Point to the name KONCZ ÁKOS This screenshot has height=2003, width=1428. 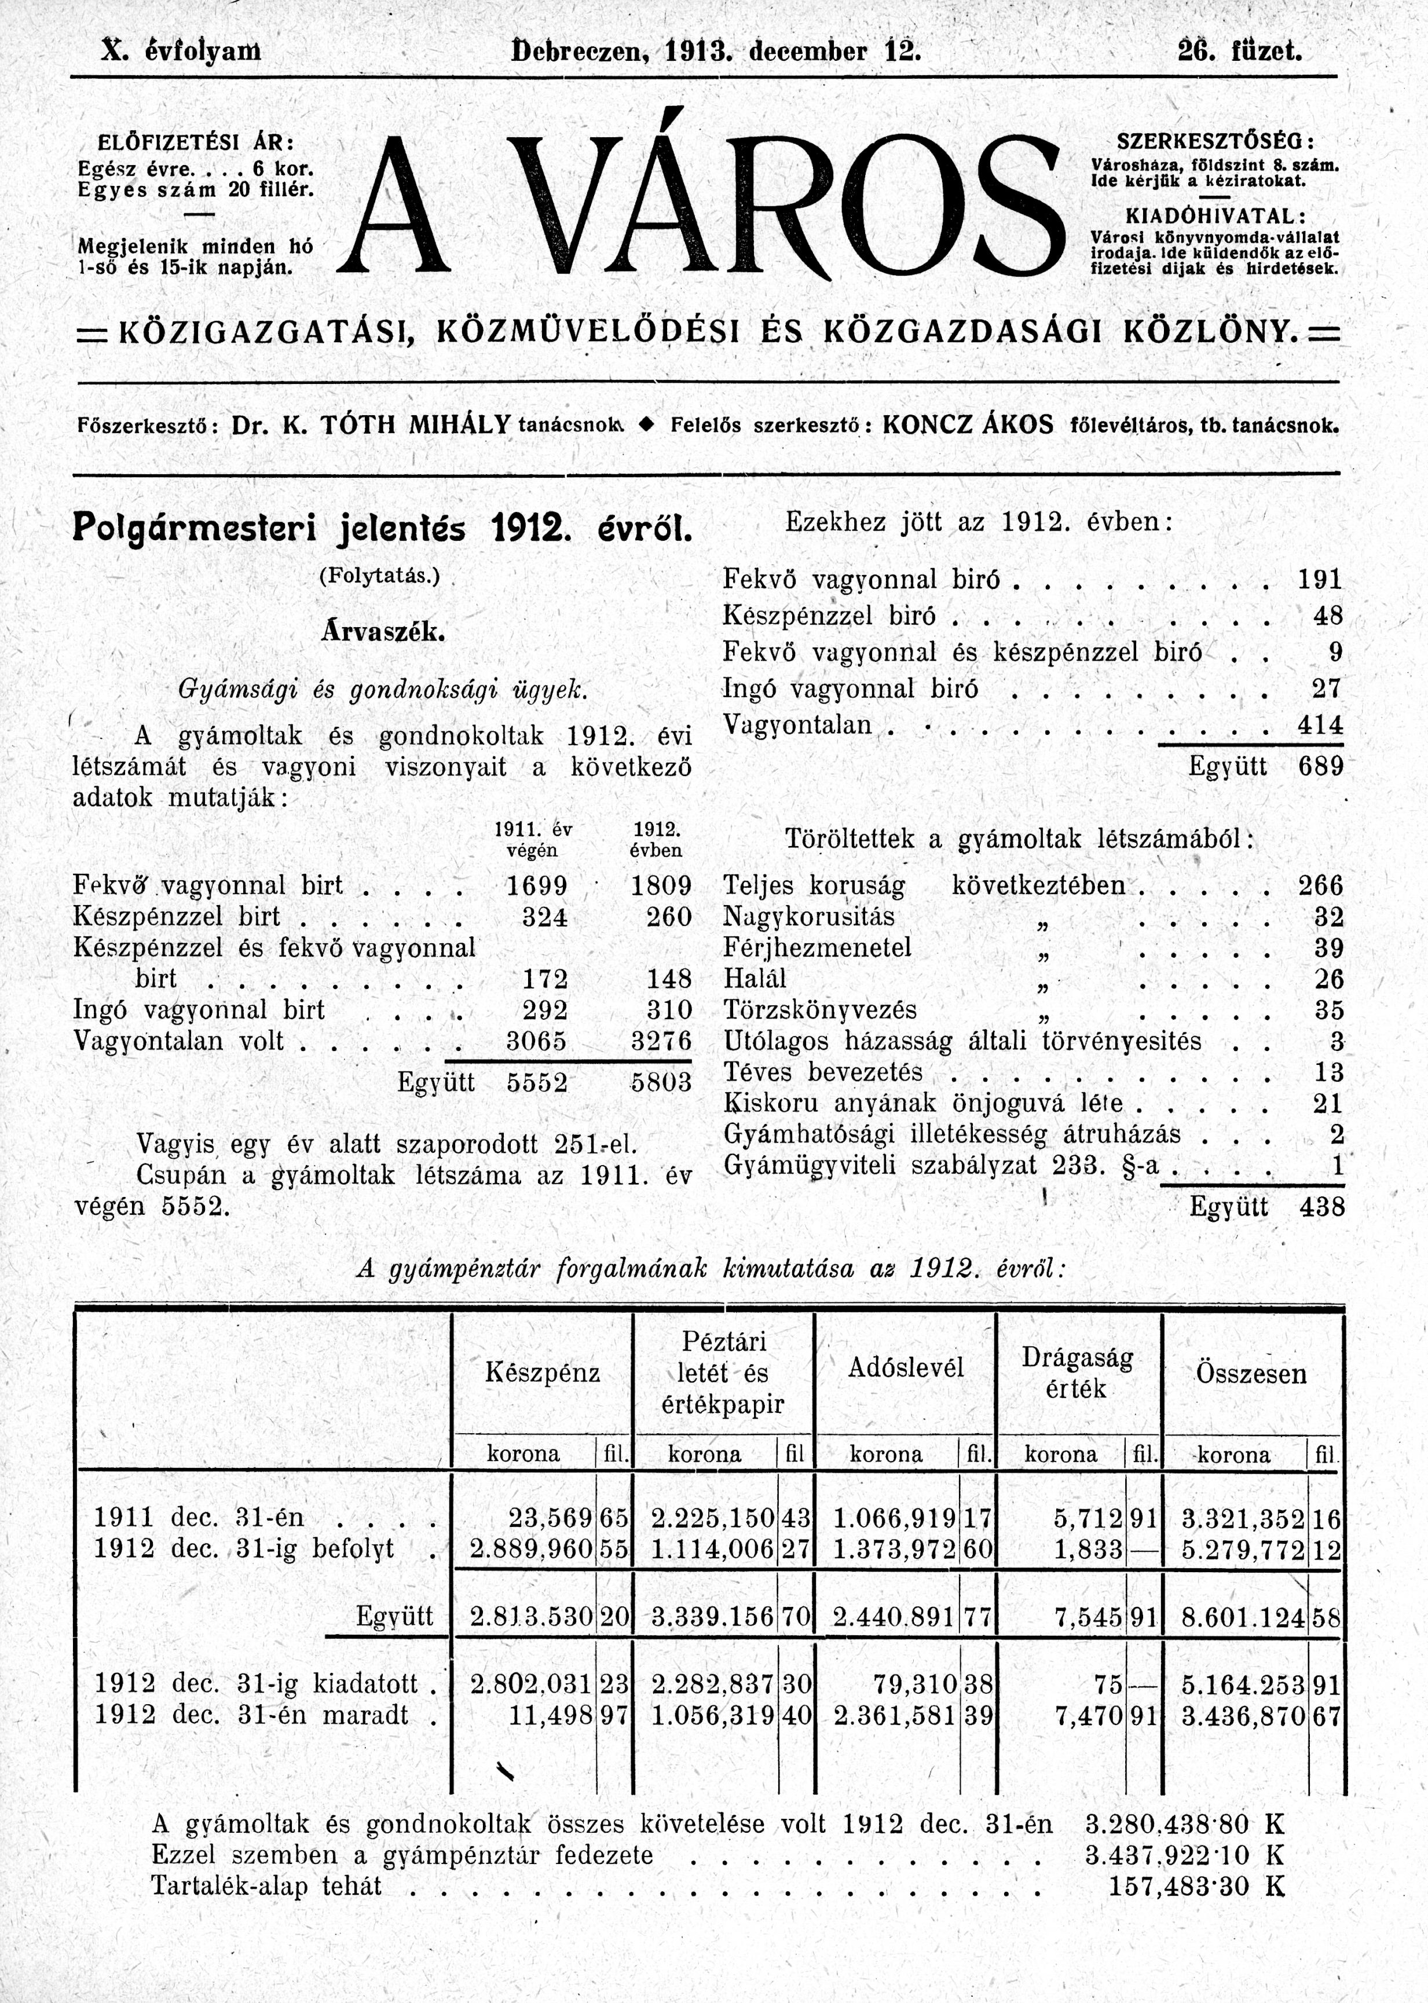tap(967, 426)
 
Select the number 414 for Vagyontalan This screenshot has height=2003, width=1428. tap(1320, 726)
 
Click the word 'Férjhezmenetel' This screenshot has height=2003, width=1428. tap(817, 948)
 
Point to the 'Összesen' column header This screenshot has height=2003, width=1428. tap(1250, 1374)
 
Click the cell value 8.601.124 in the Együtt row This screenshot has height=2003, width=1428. tap(1243, 1617)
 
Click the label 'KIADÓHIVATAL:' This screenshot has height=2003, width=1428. tap(1216, 217)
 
